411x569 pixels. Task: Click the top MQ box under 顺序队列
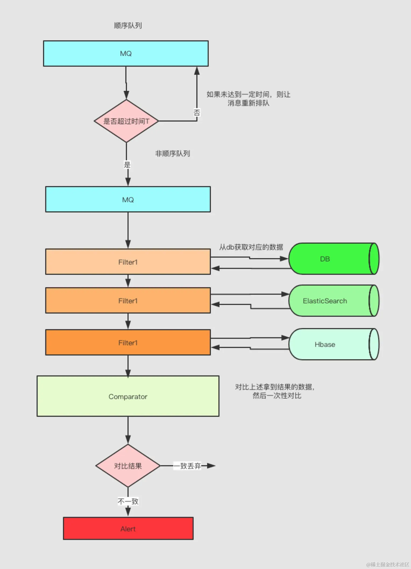126,54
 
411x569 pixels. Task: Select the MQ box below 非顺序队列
128,200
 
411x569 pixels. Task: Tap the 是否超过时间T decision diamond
126,121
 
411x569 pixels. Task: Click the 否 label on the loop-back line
197,112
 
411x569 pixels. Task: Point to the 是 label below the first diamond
127,165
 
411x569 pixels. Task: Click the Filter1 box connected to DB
128,262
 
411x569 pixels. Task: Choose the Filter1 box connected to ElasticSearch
128,301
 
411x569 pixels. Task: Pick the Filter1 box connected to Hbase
128,343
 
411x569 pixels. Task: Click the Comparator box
128,396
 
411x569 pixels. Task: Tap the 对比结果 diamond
128,466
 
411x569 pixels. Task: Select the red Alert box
128,529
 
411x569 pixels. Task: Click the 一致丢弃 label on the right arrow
187,466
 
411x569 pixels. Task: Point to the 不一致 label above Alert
128,501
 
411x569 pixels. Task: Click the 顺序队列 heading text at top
128,26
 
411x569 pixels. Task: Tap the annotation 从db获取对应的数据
251,247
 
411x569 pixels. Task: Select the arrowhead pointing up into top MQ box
197,71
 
